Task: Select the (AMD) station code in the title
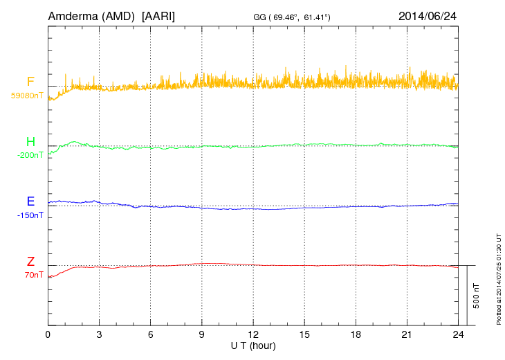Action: click(x=120, y=15)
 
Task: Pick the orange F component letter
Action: click(x=30, y=82)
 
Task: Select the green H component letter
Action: click(x=30, y=142)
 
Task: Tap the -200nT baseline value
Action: click(x=30, y=155)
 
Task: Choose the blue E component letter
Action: click(x=30, y=201)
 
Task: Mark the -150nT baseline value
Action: click(x=30, y=215)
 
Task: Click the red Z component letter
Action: click(x=30, y=262)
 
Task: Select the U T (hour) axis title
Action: click(x=253, y=345)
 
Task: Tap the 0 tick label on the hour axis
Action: click(x=48, y=334)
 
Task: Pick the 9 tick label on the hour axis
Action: click(x=202, y=334)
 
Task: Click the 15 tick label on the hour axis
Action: click(x=304, y=334)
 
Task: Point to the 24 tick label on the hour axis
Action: click(x=458, y=334)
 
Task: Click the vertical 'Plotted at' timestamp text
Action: click(x=499, y=277)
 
